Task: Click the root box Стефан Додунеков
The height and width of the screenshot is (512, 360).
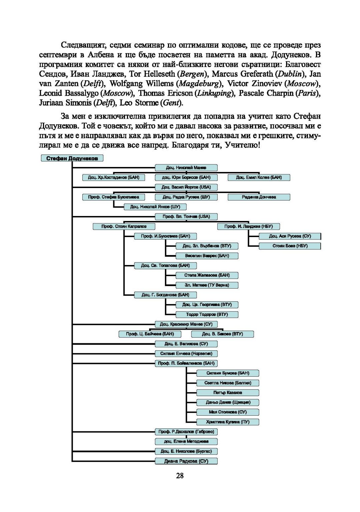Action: coord(72,158)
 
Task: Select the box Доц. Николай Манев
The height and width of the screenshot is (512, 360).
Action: coord(186,168)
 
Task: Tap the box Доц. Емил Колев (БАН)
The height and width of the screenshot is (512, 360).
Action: coord(259,177)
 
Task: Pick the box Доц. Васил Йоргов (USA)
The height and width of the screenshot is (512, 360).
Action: coord(186,187)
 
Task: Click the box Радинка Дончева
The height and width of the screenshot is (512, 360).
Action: coord(259,197)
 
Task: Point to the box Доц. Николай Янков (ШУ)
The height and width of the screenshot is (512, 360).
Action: coord(155,207)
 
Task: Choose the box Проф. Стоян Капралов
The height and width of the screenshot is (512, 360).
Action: coord(124,226)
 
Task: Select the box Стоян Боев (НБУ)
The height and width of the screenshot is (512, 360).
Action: coord(290,246)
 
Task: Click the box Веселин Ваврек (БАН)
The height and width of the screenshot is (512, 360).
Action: coord(207,256)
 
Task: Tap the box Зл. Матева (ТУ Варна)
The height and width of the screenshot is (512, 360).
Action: coord(207,285)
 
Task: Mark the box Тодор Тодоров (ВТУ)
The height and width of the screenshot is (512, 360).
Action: coord(207,314)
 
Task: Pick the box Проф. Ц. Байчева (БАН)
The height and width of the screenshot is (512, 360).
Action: coord(150,334)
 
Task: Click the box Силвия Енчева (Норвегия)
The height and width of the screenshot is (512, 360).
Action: coord(186,353)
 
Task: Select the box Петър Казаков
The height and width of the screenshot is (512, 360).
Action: coord(228,393)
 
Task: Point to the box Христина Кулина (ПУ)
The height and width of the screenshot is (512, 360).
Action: coord(228,422)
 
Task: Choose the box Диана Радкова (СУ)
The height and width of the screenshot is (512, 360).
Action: coord(186,461)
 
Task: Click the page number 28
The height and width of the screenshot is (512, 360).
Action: coord(180,476)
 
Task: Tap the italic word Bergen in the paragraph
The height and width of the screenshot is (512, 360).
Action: coord(192,74)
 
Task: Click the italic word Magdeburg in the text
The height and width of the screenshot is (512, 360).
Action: coord(199,84)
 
